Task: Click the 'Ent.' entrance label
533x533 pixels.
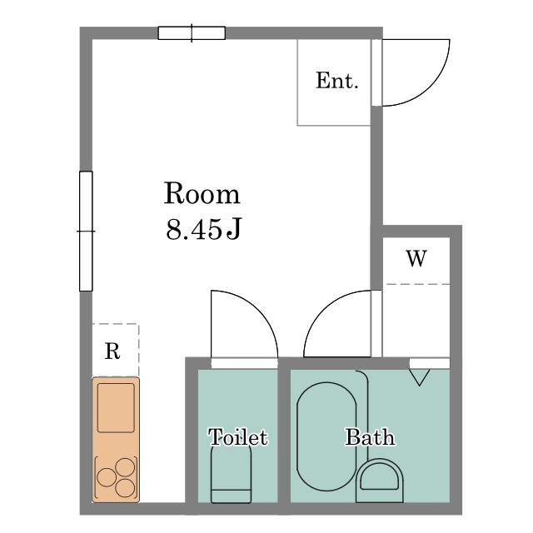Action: (337, 81)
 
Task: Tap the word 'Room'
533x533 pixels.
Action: (202, 193)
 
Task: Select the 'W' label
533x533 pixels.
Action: (416, 259)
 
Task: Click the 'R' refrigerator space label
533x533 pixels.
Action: (112, 351)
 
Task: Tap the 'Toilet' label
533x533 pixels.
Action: (238, 436)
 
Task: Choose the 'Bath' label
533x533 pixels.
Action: (370, 436)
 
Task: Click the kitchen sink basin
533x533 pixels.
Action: (116, 408)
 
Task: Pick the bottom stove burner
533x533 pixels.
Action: (125, 488)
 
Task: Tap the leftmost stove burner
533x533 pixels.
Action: (107, 477)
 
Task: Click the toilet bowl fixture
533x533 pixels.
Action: (232, 474)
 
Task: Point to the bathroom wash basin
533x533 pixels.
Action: (380, 481)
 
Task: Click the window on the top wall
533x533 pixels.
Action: (192, 33)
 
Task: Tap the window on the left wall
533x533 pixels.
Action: (86, 232)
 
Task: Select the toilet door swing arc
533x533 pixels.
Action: (258, 311)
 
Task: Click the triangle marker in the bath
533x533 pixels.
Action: (419, 377)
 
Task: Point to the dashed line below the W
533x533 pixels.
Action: (418, 284)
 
